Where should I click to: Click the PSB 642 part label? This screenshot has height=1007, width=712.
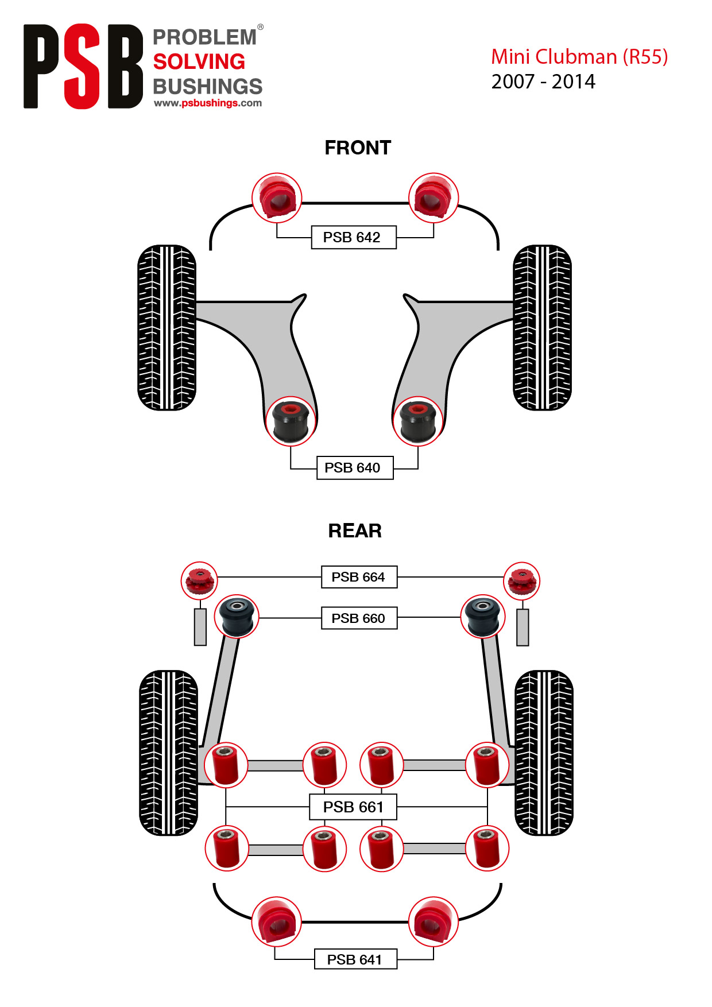pos(354,237)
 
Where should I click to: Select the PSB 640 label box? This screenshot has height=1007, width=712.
pos(355,468)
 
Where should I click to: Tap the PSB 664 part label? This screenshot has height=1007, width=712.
pos(359,577)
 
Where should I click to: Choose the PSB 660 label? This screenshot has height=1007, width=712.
pos(359,618)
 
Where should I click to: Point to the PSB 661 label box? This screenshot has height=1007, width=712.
pos(353,807)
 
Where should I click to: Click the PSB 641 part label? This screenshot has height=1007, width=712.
pos(355,959)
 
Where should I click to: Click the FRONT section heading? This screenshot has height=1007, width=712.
pos(358,148)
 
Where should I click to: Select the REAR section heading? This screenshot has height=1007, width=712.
pos(355,531)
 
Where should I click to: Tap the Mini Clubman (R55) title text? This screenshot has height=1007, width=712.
pos(579,57)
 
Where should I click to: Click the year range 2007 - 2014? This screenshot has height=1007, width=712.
pos(543,82)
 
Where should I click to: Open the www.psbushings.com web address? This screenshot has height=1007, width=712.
pos(208,103)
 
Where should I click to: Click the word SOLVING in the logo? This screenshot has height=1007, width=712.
pos(199,61)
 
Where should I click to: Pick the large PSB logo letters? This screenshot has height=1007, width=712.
pos(83,66)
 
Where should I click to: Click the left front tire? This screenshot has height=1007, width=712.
pos(167,328)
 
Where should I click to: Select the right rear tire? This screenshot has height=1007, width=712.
pos(544,753)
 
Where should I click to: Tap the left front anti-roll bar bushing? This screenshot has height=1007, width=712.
pos(277,197)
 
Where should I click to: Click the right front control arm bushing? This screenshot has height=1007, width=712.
pos(418,421)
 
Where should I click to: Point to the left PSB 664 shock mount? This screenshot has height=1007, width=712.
pos(199,580)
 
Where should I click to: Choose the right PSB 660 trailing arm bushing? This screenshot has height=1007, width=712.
pos(483,617)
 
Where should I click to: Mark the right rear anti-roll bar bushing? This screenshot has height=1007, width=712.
pos(434,921)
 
